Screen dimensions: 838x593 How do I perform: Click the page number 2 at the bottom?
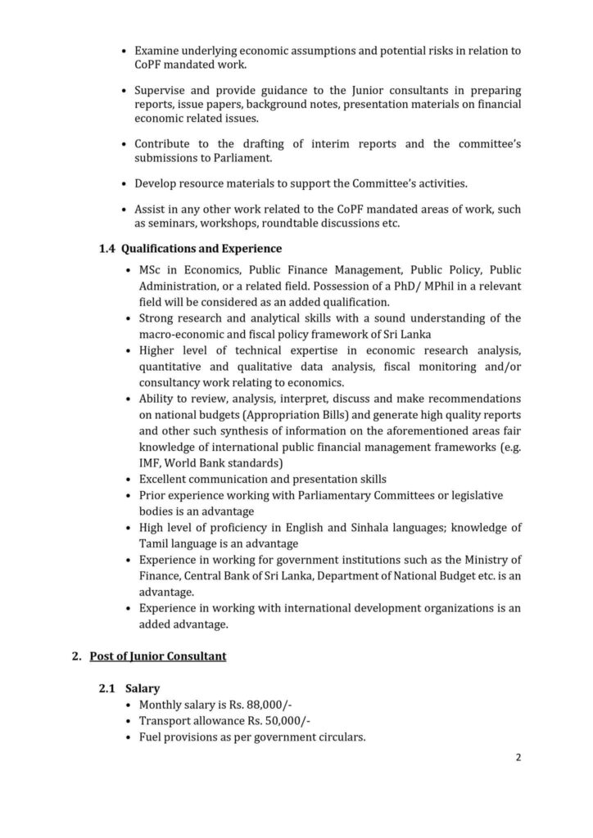[518, 757]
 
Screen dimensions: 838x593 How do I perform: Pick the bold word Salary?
[143, 690]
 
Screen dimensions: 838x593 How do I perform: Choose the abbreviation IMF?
[152, 462]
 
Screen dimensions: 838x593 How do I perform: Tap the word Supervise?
[162, 89]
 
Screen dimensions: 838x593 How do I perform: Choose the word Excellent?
[165, 479]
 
